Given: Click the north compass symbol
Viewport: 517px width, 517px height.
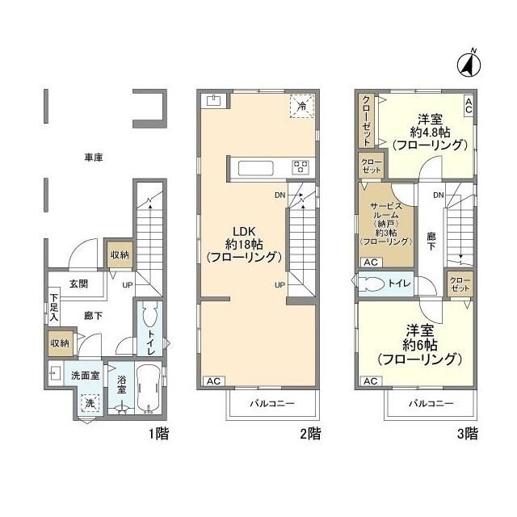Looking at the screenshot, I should point(469,62).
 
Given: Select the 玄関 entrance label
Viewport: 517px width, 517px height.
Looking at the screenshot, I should point(78,284).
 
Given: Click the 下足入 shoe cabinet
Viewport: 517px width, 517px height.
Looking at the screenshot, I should point(53,311).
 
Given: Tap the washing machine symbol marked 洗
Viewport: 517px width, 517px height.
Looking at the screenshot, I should point(90,403).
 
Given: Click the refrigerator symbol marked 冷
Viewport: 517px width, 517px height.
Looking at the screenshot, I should point(302,106).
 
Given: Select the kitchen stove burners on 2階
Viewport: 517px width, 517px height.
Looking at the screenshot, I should point(301,167).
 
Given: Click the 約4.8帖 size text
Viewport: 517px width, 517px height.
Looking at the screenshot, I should point(429,131).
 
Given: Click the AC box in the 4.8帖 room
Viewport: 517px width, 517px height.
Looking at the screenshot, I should point(468,103).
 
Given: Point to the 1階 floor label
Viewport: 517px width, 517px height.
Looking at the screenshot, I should point(158,434).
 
